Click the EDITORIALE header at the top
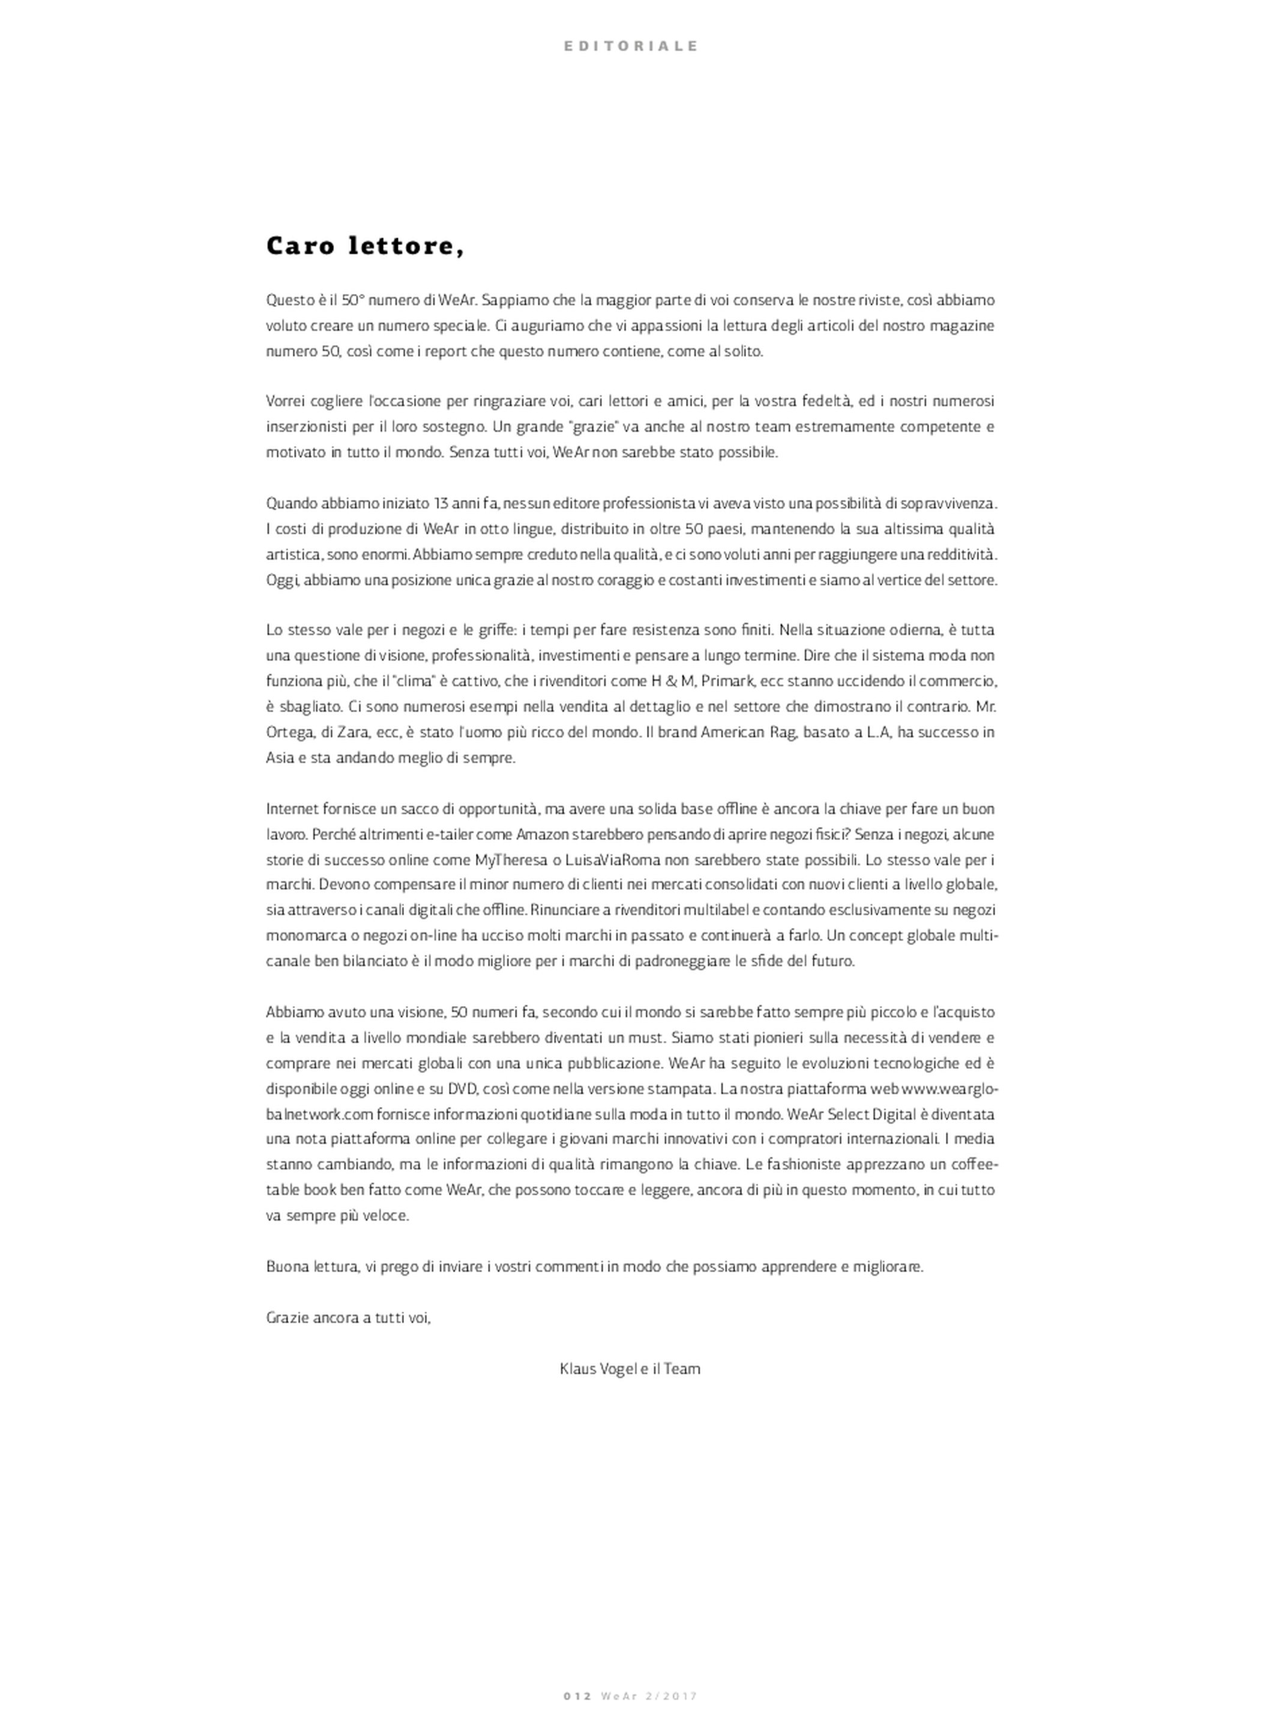point(630,46)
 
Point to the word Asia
point(278,758)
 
